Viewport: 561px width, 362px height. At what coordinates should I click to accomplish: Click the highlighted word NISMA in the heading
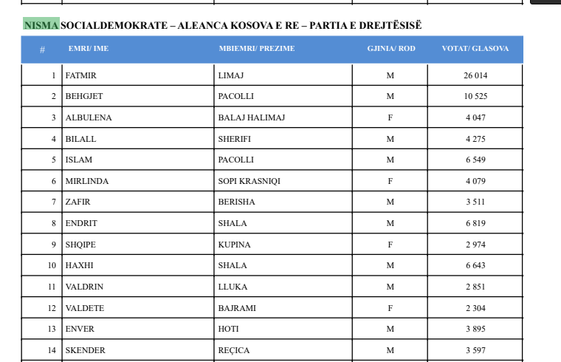41,25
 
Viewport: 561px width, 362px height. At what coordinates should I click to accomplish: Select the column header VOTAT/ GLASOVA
475,49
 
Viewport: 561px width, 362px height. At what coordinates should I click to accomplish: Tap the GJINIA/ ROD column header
390,49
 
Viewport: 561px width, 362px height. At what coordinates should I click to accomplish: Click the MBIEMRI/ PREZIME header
256,49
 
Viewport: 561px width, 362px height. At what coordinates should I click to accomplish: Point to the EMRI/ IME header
88,49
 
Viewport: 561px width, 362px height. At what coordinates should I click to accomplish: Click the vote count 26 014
475,75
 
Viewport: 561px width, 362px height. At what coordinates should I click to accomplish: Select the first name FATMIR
81,75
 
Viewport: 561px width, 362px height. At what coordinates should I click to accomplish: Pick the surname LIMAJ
232,75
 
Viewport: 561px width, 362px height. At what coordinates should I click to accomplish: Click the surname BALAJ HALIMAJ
251,117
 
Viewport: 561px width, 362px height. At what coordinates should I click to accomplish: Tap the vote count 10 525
475,97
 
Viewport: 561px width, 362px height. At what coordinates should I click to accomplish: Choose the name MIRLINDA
86,181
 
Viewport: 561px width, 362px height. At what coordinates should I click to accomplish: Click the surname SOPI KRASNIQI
249,181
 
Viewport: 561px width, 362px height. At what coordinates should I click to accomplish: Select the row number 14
52,350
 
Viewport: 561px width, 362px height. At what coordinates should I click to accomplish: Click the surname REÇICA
233,350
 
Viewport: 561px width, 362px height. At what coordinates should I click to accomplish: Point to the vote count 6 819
475,223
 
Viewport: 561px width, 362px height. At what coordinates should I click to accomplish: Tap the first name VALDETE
85,308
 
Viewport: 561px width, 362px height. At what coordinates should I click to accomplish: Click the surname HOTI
228,329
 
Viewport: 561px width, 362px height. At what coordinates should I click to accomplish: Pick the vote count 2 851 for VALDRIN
475,287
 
